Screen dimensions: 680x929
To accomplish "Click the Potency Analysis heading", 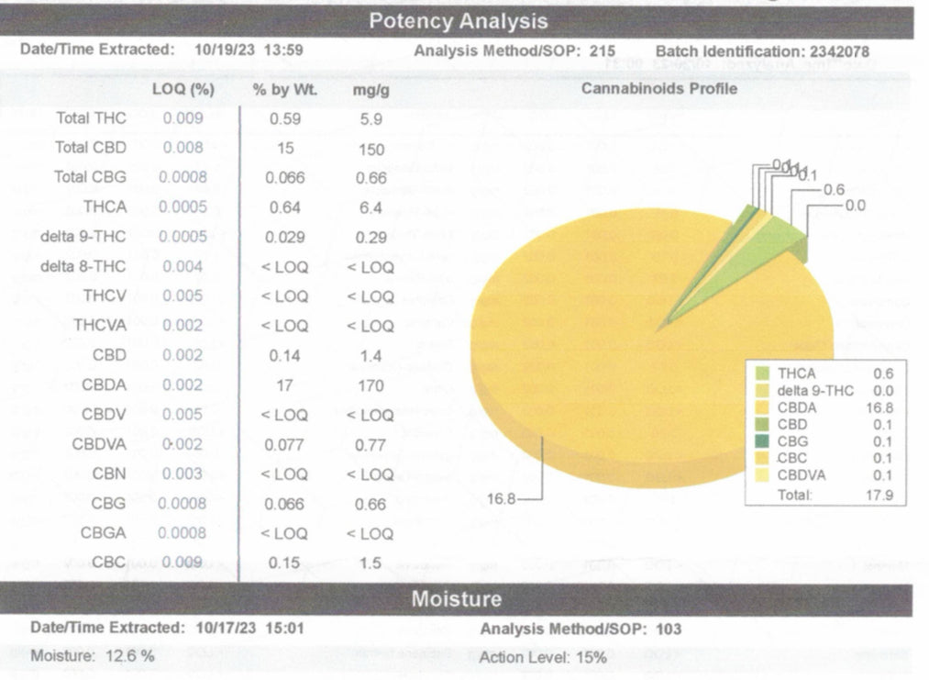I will (x=458, y=21).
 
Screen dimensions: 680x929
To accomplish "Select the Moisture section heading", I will (x=457, y=599).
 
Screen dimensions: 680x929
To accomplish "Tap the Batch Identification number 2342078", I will (x=835, y=52).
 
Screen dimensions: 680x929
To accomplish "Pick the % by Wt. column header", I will (x=284, y=90).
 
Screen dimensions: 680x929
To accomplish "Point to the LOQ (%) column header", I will (x=182, y=90).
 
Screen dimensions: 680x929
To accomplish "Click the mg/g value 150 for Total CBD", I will (x=370, y=149).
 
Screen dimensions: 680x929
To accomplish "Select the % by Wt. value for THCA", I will (x=285, y=207).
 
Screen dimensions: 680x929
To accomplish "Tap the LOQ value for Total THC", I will (x=182, y=118).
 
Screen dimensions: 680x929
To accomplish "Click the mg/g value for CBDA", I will (x=370, y=386).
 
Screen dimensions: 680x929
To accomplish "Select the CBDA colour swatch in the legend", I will (x=762, y=407).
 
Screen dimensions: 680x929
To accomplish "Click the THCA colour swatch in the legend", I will (x=762, y=373).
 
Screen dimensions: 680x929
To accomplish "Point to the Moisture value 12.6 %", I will (x=122, y=657).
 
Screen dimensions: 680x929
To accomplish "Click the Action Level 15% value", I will (x=592, y=658).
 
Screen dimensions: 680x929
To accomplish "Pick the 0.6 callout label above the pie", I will (x=834, y=189).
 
